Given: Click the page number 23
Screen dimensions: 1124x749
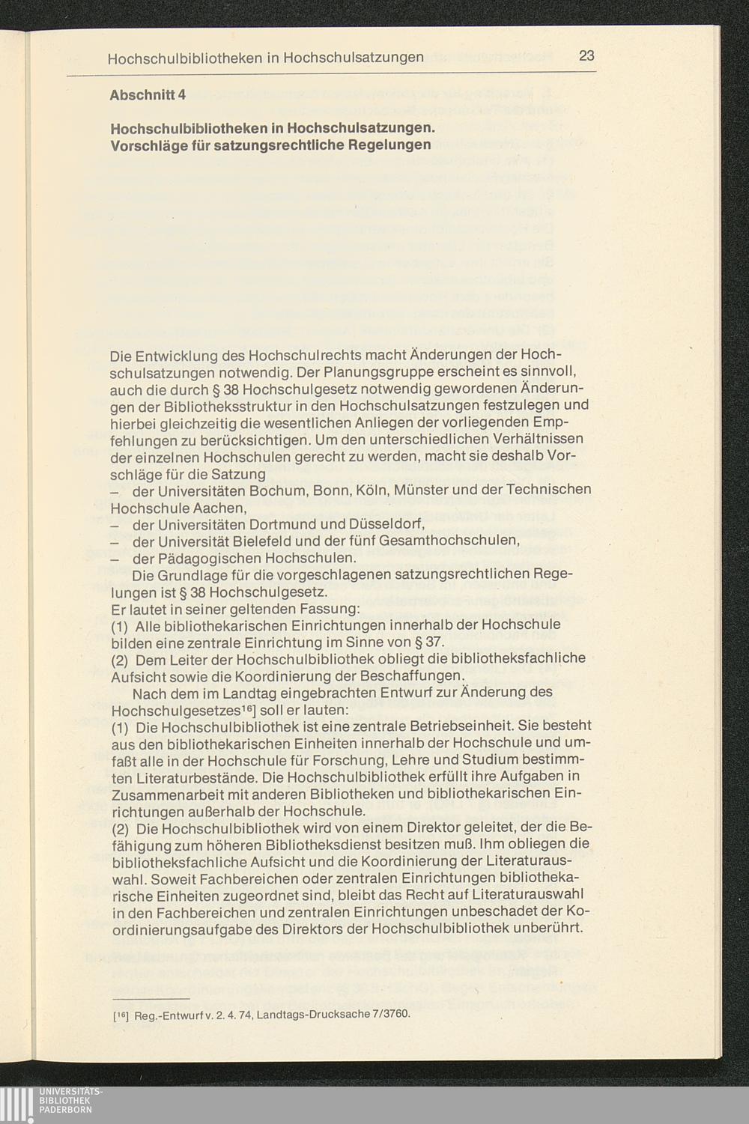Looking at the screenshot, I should click(586, 56).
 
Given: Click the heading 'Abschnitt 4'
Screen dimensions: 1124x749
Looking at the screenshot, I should click(147, 96).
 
